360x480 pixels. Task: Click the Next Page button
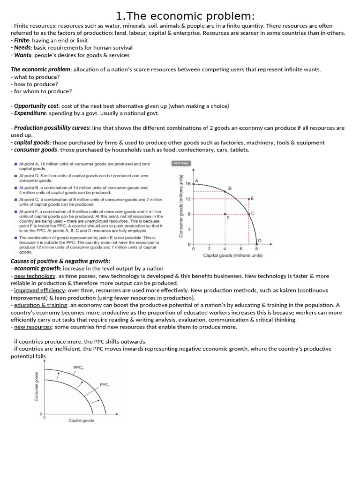(180, 163)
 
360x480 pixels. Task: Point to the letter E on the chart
(252, 198)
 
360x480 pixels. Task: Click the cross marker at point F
(225, 214)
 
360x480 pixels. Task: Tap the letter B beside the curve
(230, 188)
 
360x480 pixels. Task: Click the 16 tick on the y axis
(188, 184)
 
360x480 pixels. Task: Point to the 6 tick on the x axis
(241, 249)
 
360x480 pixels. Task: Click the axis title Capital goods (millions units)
(232, 255)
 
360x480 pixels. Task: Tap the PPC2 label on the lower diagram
(78, 367)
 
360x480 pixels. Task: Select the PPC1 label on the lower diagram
(105, 384)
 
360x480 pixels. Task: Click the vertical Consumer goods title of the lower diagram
(37, 386)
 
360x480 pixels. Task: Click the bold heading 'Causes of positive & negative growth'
(60, 261)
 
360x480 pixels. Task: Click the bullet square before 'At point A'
(15, 165)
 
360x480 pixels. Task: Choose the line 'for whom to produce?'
(41, 91)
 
